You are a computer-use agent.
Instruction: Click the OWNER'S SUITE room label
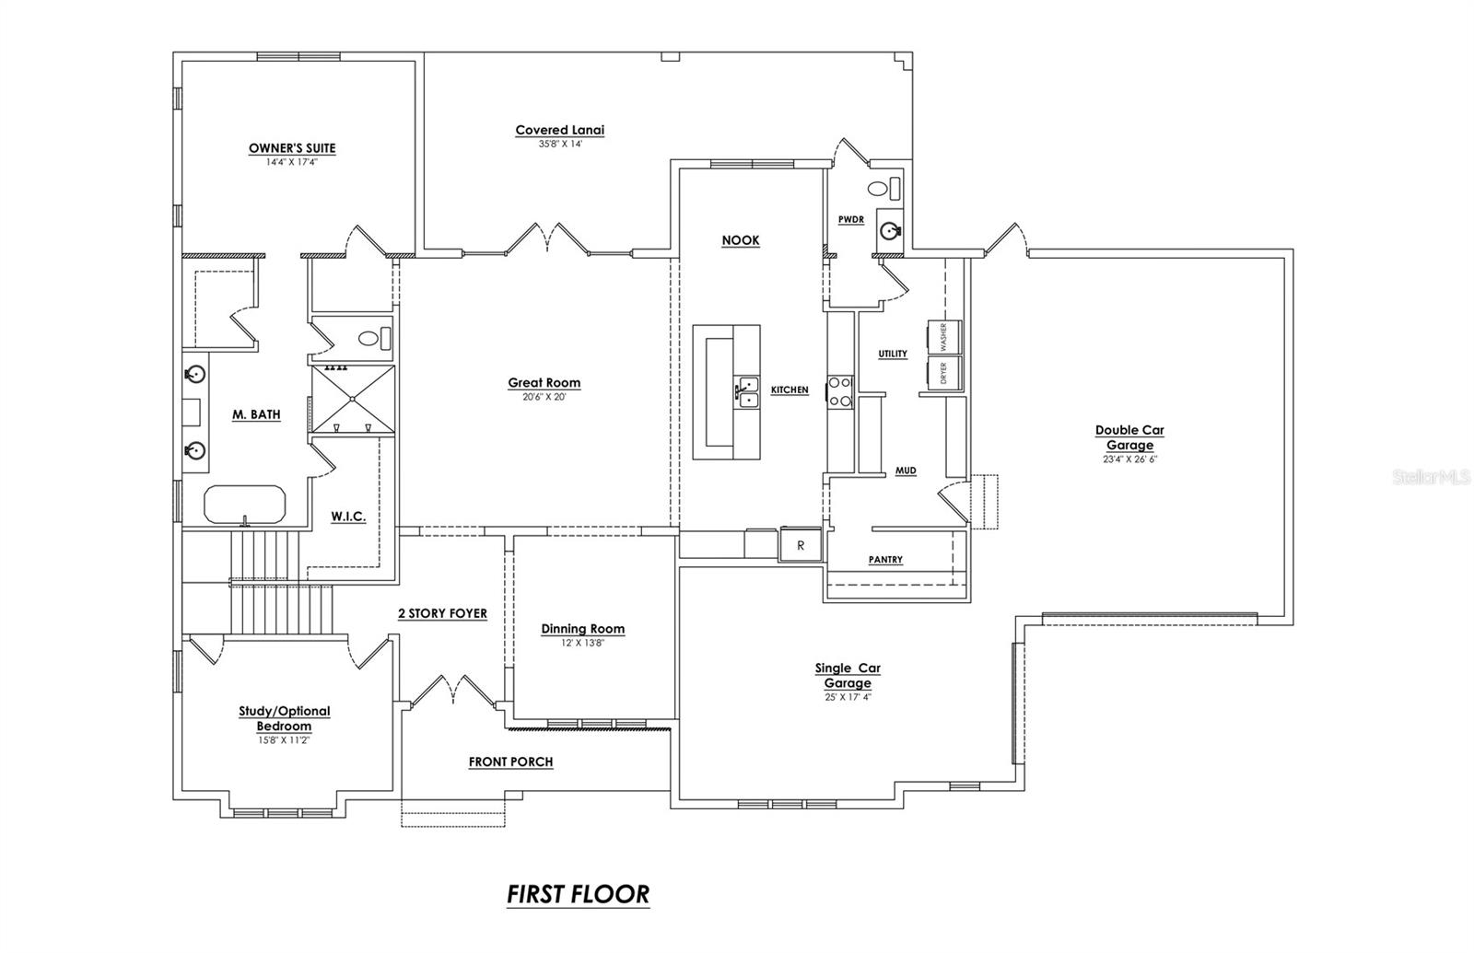(x=292, y=148)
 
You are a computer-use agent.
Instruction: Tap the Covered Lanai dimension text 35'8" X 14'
(x=560, y=144)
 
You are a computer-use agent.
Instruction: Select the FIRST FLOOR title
(x=578, y=894)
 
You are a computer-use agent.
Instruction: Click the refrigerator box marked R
(x=801, y=545)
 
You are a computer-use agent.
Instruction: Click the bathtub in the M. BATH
(x=245, y=505)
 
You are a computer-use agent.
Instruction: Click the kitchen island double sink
(x=746, y=391)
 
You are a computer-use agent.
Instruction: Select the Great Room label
(x=544, y=383)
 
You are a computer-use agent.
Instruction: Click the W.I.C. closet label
(x=348, y=517)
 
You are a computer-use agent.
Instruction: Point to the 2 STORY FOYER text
(x=442, y=613)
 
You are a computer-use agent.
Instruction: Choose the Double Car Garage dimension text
(x=1129, y=459)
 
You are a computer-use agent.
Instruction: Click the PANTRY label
(x=885, y=560)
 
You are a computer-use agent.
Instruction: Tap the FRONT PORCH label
(x=510, y=761)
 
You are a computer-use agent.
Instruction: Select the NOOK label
(x=741, y=240)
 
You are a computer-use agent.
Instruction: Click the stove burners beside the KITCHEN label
(x=839, y=391)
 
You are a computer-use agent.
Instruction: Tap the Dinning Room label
(x=582, y=629)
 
